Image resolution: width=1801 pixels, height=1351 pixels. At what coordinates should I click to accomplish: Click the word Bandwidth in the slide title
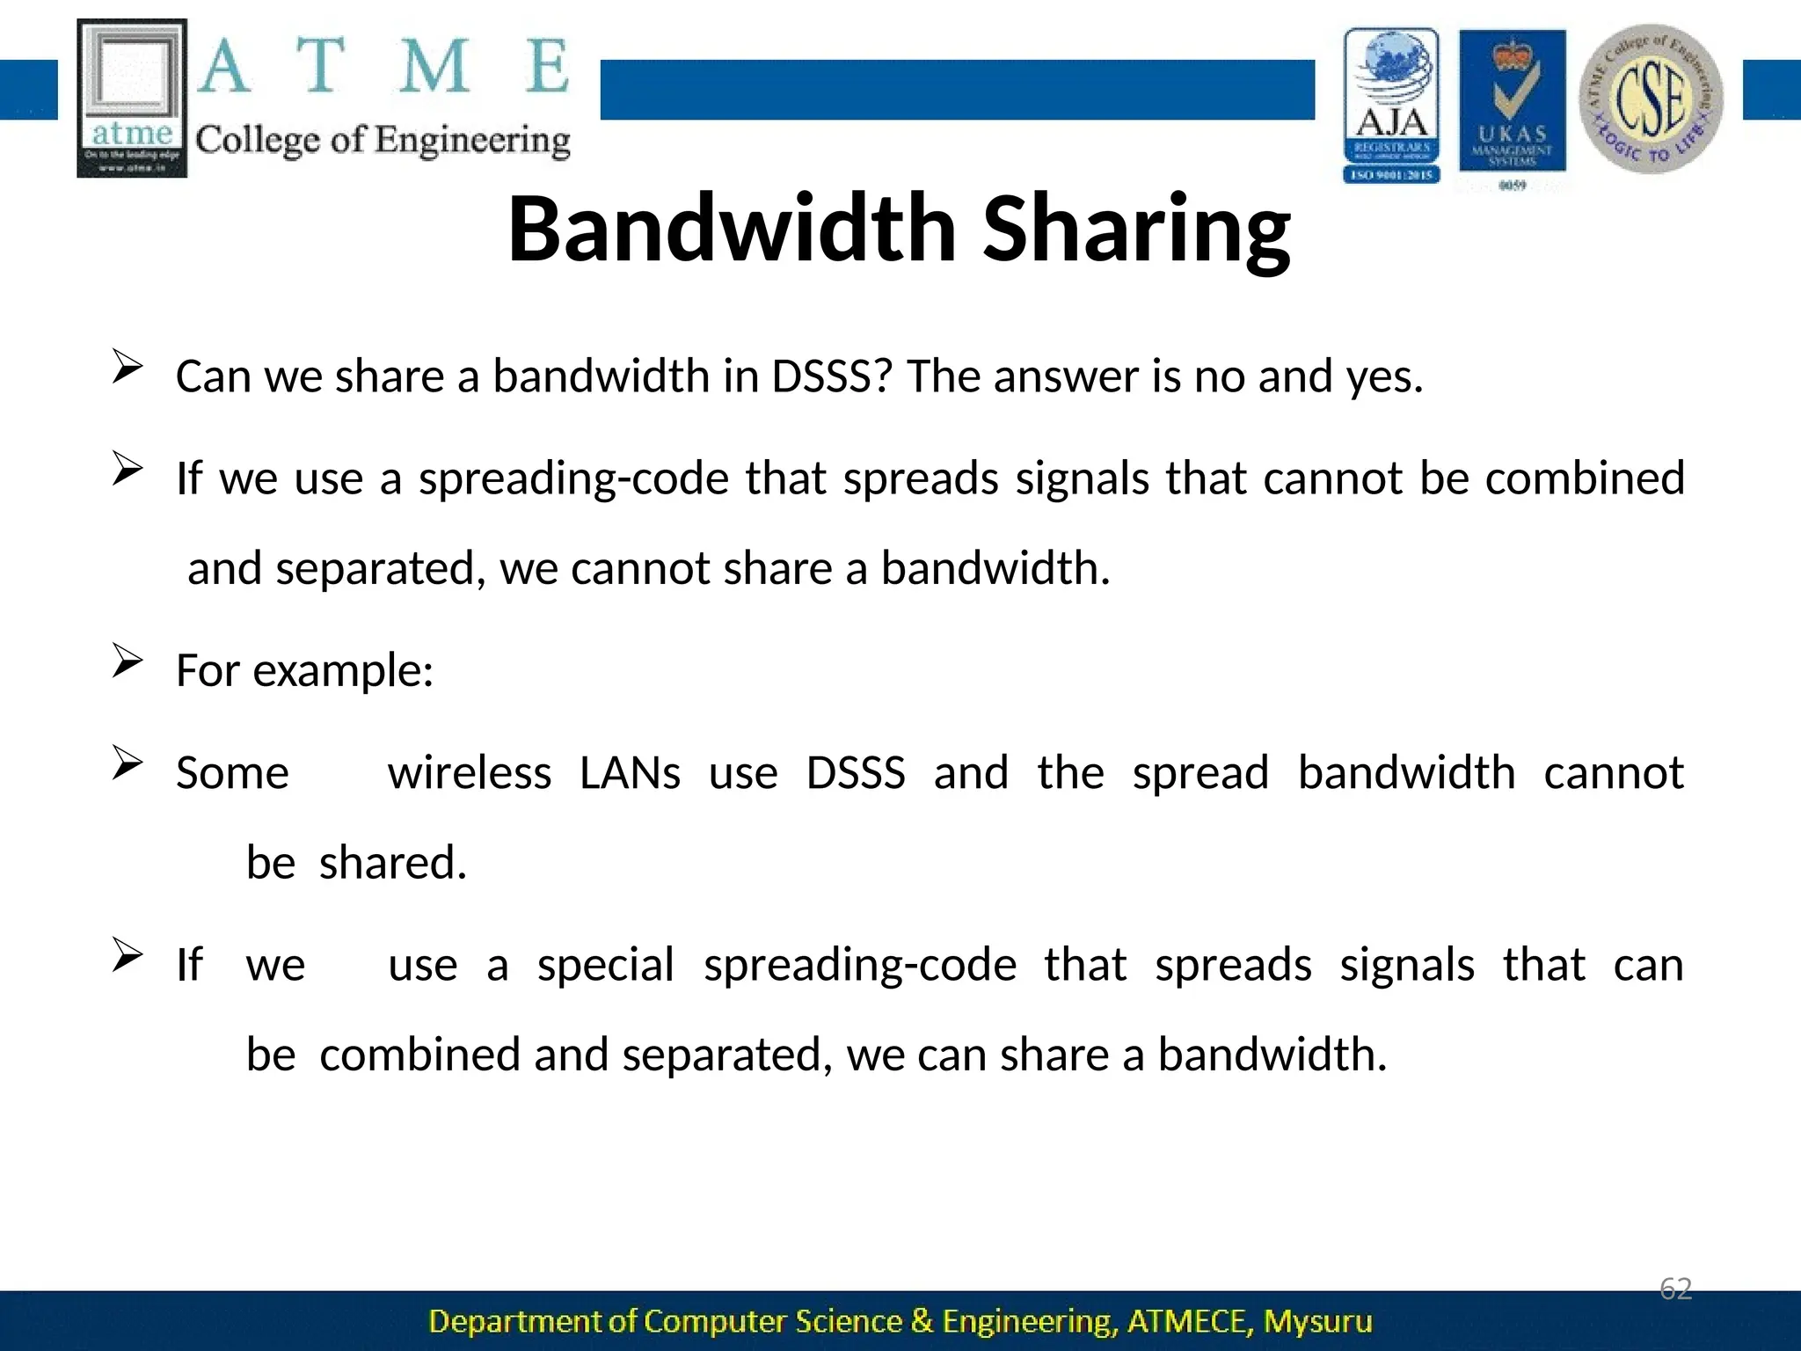[x=732, y=229]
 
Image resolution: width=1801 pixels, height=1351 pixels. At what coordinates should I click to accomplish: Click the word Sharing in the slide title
[x=1136, y=230]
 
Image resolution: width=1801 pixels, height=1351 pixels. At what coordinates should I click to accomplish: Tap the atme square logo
[x=132, y=98]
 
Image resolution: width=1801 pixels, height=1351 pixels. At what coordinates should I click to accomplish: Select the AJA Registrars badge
[x=1391, y=105]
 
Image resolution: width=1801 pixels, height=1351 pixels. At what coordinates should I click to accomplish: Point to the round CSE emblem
[x=1651, y=99]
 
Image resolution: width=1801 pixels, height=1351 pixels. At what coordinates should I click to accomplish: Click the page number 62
[x=1675, y=1289]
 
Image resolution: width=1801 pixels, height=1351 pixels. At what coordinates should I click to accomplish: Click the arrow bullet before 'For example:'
[x=128, y=661]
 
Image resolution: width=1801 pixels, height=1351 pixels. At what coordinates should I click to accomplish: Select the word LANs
[x=630, y=773]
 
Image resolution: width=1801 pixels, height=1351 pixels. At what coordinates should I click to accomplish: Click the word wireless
[x=470, y=773]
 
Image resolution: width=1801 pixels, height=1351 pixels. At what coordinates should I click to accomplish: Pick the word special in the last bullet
[x=605, y=965]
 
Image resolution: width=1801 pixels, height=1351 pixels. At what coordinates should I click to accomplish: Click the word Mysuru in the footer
[x=1317, y=1321]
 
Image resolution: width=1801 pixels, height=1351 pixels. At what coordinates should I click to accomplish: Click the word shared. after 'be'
[x=392, y=863]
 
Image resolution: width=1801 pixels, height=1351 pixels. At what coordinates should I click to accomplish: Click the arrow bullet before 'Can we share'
[x=128, y=367]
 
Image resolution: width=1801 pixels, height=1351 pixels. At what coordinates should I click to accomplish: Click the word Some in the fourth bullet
[x=232, y=773]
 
